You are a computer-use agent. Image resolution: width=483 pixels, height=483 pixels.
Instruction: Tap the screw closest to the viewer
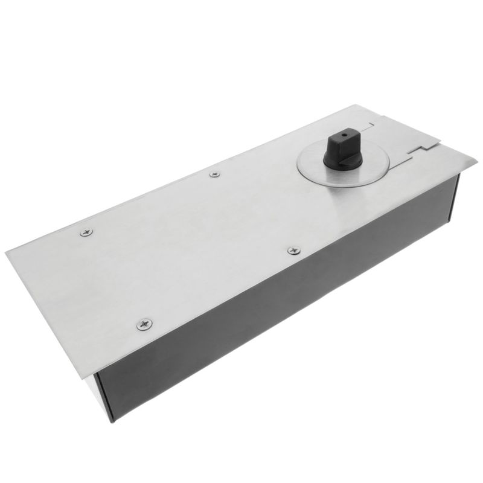[145, 324]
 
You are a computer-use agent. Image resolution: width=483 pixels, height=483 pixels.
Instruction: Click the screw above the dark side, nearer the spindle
[293, 250]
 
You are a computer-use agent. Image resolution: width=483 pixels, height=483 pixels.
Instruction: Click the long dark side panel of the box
[278, 314]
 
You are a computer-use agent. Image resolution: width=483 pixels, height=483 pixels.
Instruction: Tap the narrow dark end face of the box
[454, 199]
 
